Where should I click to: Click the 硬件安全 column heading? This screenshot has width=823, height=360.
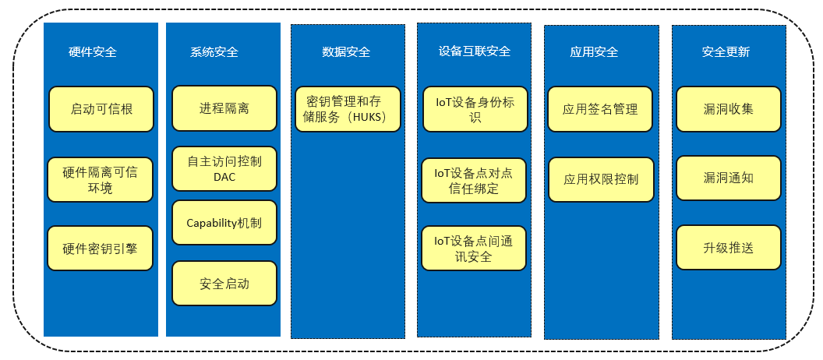tap(93, 52)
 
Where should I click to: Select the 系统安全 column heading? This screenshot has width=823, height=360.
tap(214, 52)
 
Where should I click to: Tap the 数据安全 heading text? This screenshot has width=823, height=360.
tap(346, 52)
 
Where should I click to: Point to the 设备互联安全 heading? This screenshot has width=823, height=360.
tap(474, 51)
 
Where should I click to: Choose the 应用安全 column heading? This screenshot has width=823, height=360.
tap(594, 52)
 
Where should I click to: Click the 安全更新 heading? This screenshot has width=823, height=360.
tap(726, 52)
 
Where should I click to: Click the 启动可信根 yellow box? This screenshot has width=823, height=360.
tap(101, 109)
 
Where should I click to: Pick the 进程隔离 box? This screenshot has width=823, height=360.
tap(224, 108)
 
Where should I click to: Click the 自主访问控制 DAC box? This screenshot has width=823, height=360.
tap(224, 168)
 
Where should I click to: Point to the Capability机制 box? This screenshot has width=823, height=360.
tap(224, 223)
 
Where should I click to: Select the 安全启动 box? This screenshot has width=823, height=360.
tap(224, 284)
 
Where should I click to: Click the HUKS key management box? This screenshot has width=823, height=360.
tap(348, 110)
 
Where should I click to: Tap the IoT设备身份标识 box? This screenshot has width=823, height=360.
tap(475, 110)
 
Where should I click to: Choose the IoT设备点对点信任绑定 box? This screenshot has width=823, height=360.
tap(474, 181)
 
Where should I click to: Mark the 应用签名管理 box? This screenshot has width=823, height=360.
tap(600, 109)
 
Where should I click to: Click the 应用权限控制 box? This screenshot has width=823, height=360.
tap(600, 179)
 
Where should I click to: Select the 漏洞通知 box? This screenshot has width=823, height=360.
tap(729, 178)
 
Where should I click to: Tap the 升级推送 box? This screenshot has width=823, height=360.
tap(729, 248)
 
